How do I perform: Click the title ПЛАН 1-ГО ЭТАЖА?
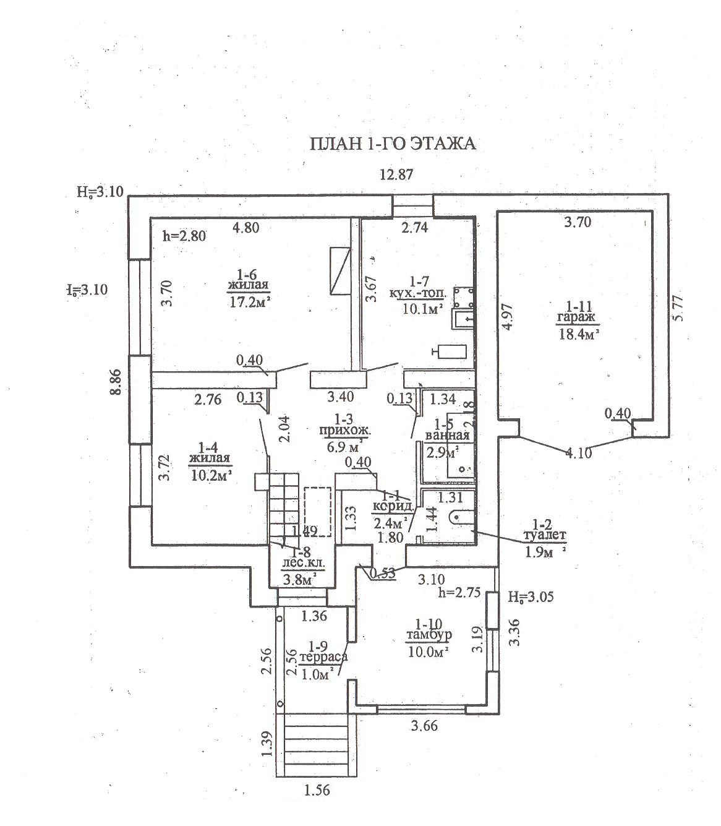392,144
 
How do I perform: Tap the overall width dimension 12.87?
396,175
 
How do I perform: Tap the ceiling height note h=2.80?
184,235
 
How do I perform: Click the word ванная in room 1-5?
447,435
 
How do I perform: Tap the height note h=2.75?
458,592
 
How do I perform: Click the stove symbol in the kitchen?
463,297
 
